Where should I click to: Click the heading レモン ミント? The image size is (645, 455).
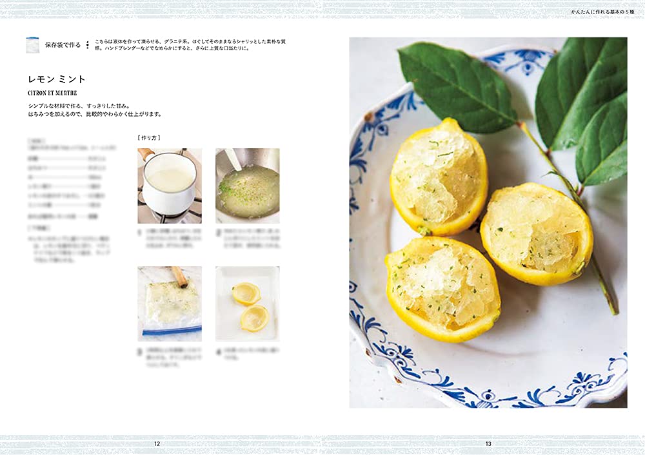click(x=57, y=79)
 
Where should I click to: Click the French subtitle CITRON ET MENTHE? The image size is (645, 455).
click(x=52, y=93)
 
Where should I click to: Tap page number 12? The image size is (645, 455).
click(x=157, y=443)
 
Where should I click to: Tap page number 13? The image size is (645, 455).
click(x=488, y=443)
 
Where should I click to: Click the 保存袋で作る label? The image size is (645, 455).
click(x=63, y=45)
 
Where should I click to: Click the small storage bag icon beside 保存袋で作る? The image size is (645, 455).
click(x=32, y=45)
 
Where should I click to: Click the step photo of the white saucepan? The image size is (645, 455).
click(x=170, y=186)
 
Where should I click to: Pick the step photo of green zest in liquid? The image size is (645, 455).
click(x=247, y=186)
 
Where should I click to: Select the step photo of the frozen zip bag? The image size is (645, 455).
click(x=170, y=304)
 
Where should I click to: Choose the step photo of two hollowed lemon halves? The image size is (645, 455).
click(x=247, y=304)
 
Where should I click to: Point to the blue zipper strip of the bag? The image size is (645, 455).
click(x=172, y=331)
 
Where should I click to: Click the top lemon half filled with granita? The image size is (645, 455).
click(x=438, y=176)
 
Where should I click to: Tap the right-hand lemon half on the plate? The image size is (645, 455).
click(x=536, y=233)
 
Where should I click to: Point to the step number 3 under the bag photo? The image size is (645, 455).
click(x=140, y=353)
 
